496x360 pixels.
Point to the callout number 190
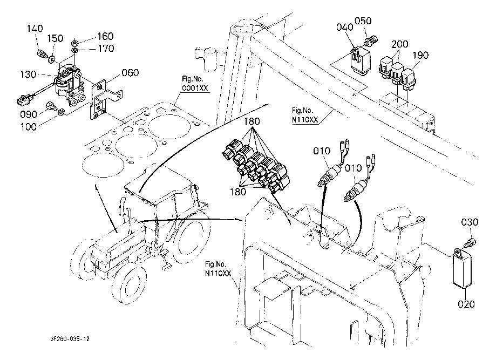click(422, 56)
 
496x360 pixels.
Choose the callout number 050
click(363, 22)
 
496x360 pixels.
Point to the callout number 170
click(105, 49)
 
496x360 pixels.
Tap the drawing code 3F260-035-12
click(67, 339)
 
